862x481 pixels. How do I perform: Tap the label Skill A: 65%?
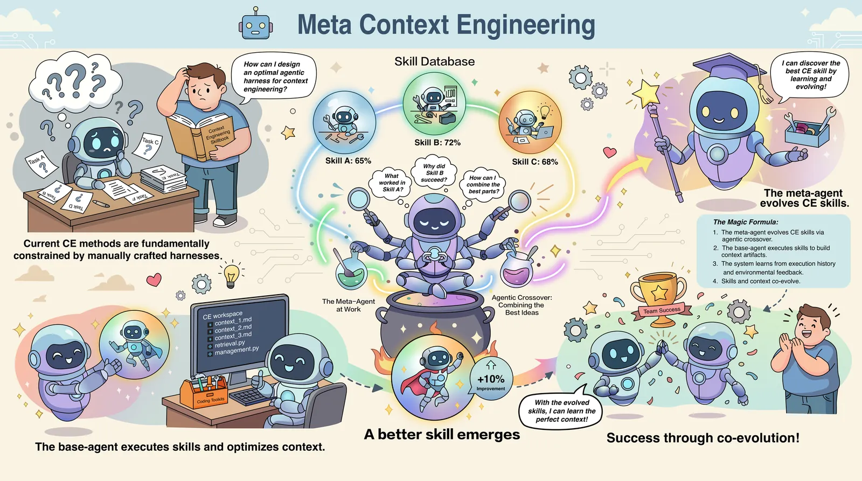click(348, 161)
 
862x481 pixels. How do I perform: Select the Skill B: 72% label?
click(437, 143)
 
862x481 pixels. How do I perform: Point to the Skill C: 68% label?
click(534, 162)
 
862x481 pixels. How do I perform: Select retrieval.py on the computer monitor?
click(230, 344)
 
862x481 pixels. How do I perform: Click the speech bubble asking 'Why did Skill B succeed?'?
click(434, 173)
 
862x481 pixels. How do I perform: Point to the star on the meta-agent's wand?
click(646, 93)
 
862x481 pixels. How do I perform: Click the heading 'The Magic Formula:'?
click(746, 222)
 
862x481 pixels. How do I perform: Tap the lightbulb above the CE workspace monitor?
click(232, 275)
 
